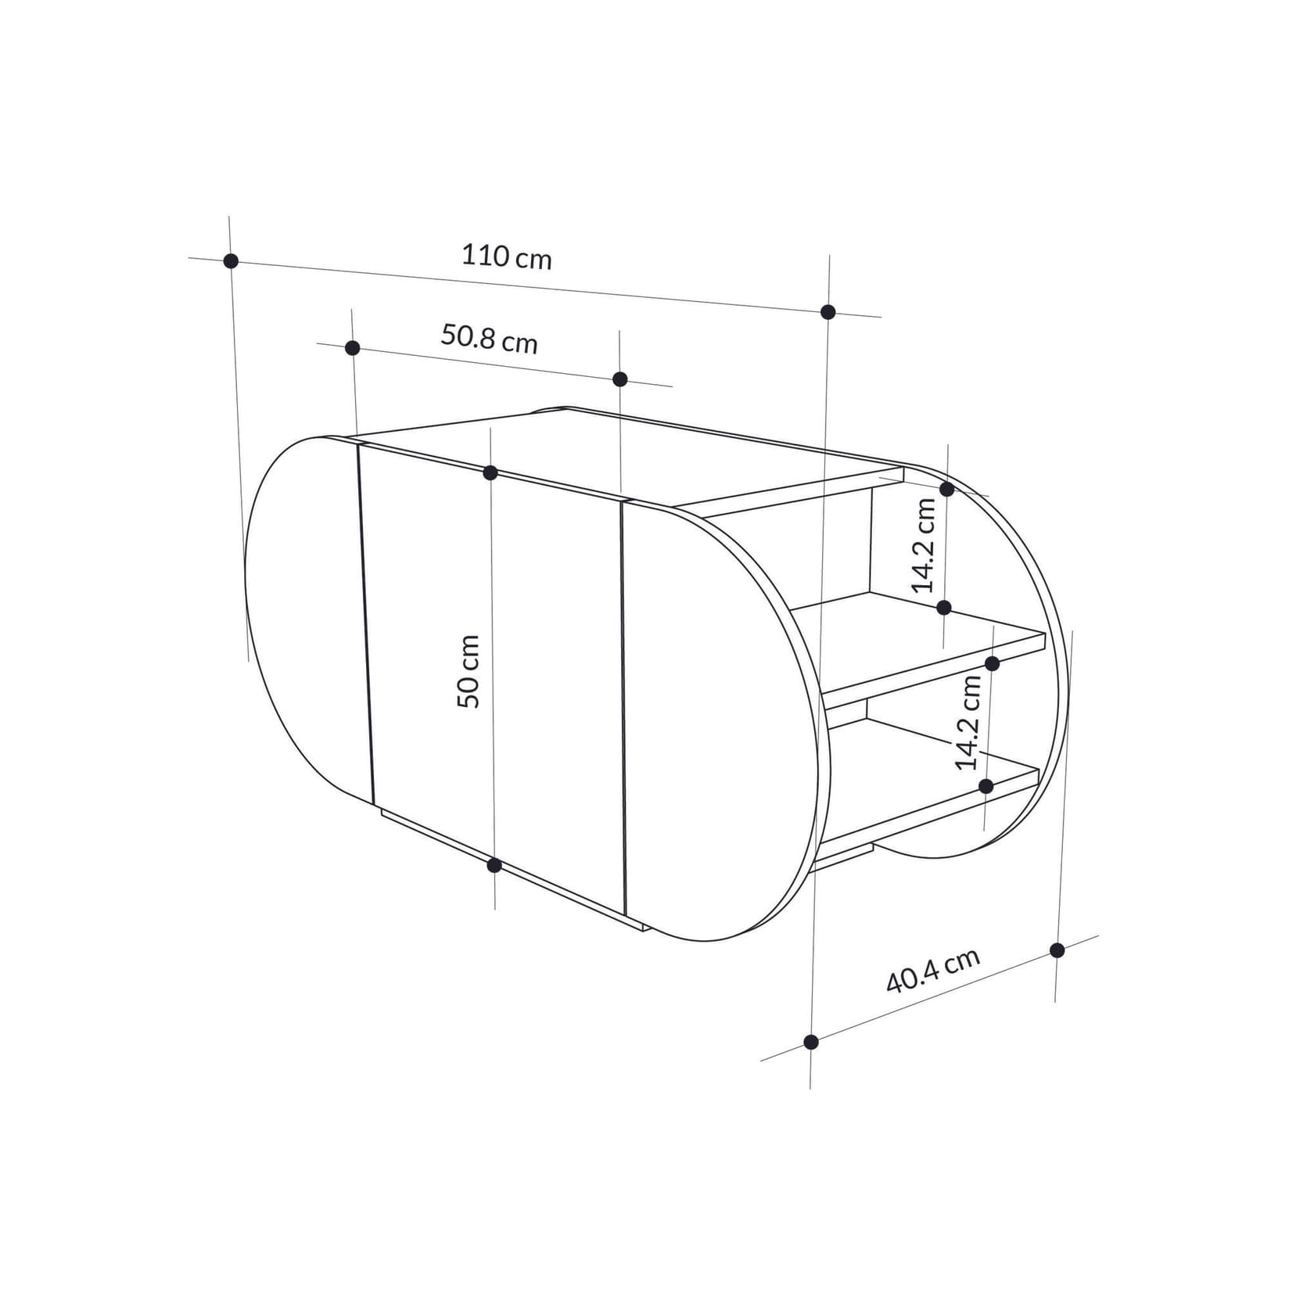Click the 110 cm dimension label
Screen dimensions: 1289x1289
click(506, 257)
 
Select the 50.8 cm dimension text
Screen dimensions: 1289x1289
click(489, 339)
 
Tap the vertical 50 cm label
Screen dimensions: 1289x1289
click(468, 672)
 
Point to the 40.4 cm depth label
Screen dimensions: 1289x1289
click(932, 971)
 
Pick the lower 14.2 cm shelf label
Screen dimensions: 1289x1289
click(968, 722)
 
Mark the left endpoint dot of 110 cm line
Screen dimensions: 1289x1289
click(231, 261)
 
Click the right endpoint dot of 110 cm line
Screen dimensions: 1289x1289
click(828, 312)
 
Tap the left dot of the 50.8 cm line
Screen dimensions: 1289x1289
click(353, 348)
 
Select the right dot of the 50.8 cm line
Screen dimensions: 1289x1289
click(620, 379)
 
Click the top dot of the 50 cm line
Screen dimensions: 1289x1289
click(490, 472)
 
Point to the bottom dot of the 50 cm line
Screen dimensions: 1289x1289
click(494, 865)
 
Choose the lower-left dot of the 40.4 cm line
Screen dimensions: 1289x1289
click(811, 1042)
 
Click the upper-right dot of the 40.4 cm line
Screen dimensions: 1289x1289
click(1057, 950)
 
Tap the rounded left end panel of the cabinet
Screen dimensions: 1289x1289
click(305, 618)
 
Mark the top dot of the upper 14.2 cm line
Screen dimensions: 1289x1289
click(946, 490)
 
